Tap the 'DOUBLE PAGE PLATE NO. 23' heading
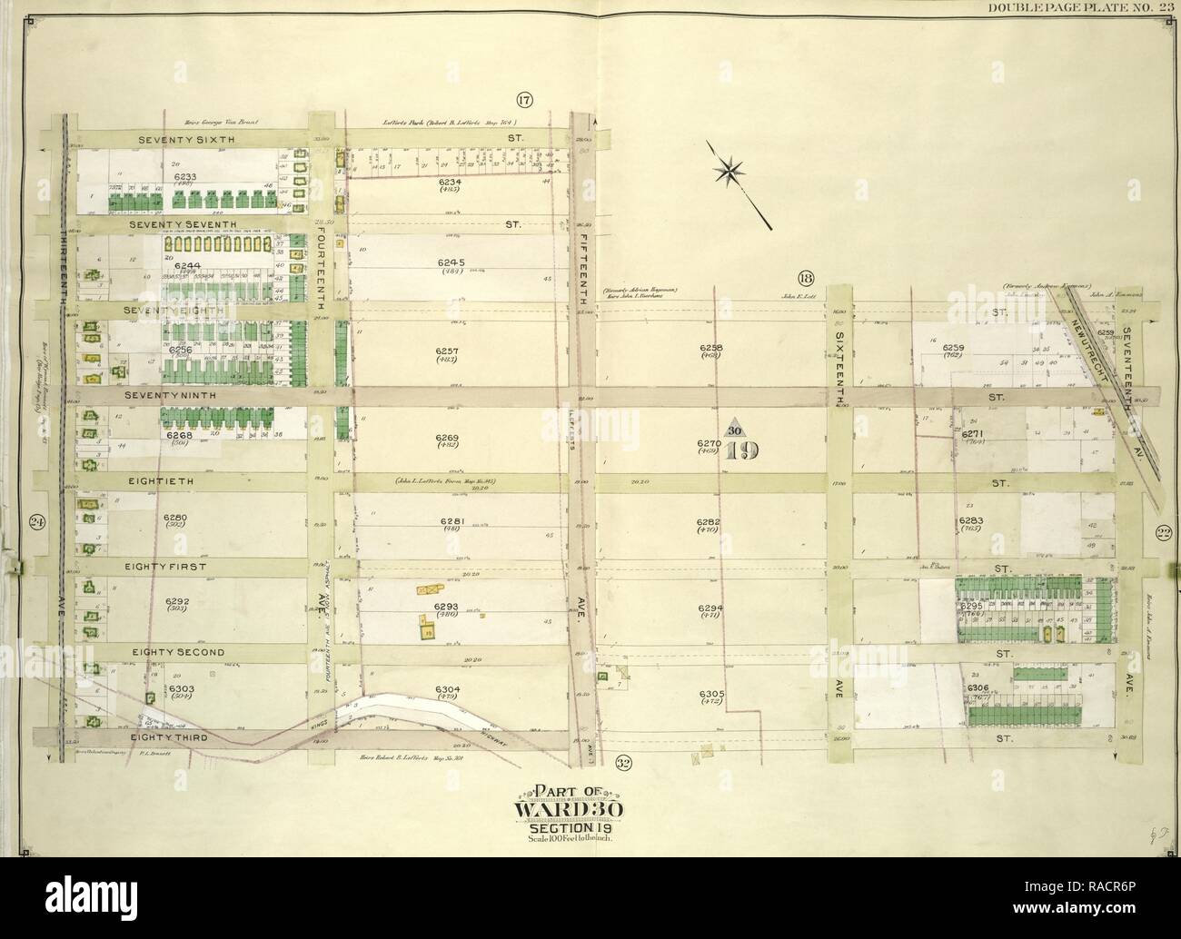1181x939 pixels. (x=1082, y=8)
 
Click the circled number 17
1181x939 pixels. (x=524, y=100)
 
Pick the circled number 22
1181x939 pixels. (x=1162, y=533)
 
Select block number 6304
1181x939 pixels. (x=448, y=687)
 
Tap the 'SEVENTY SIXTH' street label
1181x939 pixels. (x=186, y=140)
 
